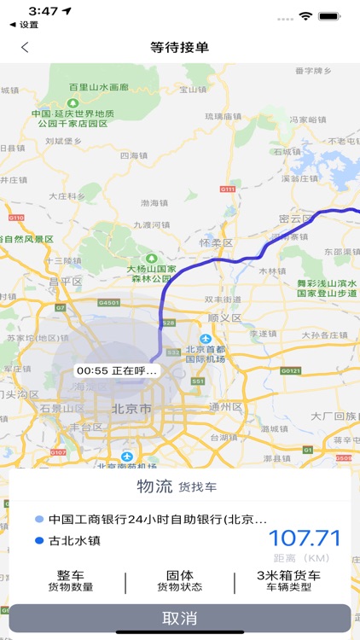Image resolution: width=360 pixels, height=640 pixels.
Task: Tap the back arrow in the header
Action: click(25, 48)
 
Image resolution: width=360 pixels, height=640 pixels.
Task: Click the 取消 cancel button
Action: click(180, 618)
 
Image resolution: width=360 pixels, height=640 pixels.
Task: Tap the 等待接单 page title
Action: click(180, 48)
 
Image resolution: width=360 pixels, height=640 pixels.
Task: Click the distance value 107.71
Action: click(305, 538)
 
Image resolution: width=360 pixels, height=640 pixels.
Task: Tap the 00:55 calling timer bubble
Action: click(116, 371)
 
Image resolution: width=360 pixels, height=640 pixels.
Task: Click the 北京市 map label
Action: click(131, 410)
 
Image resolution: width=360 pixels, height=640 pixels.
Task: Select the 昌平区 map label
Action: click(65, 281)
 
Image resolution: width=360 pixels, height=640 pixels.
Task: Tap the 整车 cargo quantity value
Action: click(71, 575)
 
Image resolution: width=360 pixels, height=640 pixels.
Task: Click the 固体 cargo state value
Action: click(179, 575)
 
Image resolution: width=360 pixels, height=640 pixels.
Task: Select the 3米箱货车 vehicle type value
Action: click(288, 575)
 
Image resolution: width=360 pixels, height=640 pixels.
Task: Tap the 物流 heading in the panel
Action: click(155, 486)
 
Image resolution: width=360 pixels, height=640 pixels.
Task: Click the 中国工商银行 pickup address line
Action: click(157, 519)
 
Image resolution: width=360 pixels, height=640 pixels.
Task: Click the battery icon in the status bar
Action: click(330, 16)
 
